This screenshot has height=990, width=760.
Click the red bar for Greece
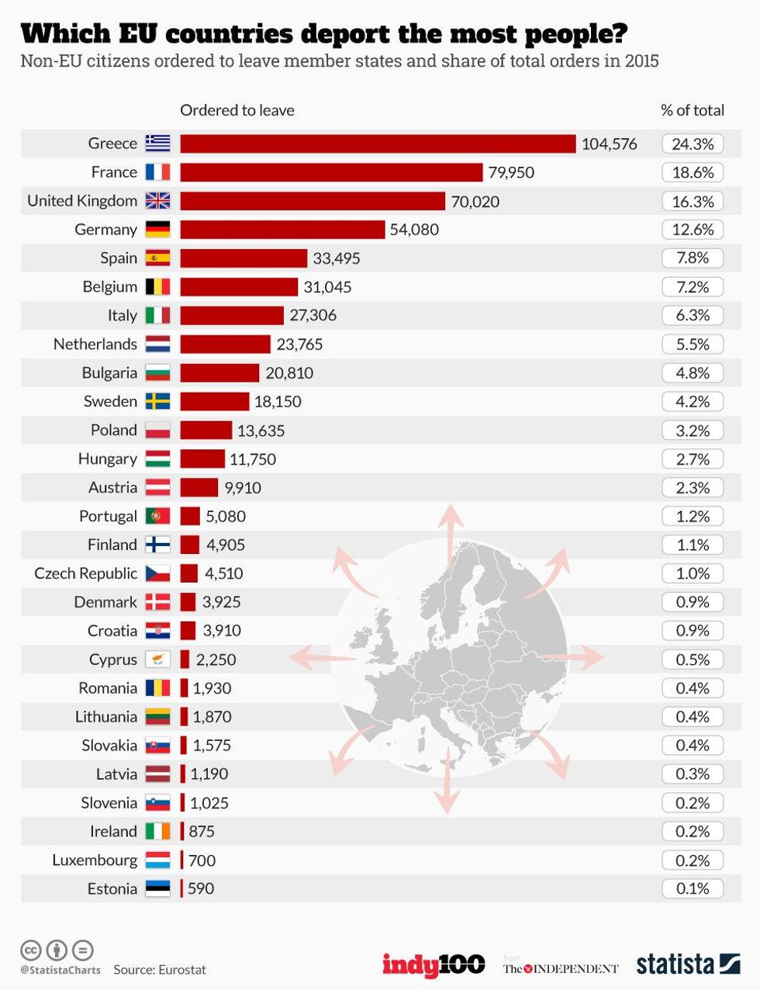click(378, 144)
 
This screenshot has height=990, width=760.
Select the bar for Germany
click(282, 230)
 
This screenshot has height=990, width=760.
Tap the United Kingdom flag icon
click(157, 201)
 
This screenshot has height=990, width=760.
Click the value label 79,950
click(511, 172)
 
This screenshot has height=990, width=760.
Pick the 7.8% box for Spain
click(692, 258)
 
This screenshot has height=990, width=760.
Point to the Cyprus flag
click(157, 659)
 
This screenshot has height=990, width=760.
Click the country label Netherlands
click(95, 344)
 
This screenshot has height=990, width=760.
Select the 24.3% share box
click(692, 144)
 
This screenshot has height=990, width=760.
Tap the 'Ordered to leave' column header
click(237, 110)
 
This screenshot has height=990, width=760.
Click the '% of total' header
click(692, 110)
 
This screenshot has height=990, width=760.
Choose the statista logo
click(687, 964)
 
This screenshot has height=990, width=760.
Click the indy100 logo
click(433, 964)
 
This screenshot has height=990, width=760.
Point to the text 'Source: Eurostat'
click(160, 970)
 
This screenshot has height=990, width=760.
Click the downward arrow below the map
click(447, 791)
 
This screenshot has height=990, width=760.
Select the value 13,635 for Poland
click(261, 431)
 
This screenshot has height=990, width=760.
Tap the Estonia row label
click(112, 889)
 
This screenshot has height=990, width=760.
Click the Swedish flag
click(157, 402)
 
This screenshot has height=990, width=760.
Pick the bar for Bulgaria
click(219, 373)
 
